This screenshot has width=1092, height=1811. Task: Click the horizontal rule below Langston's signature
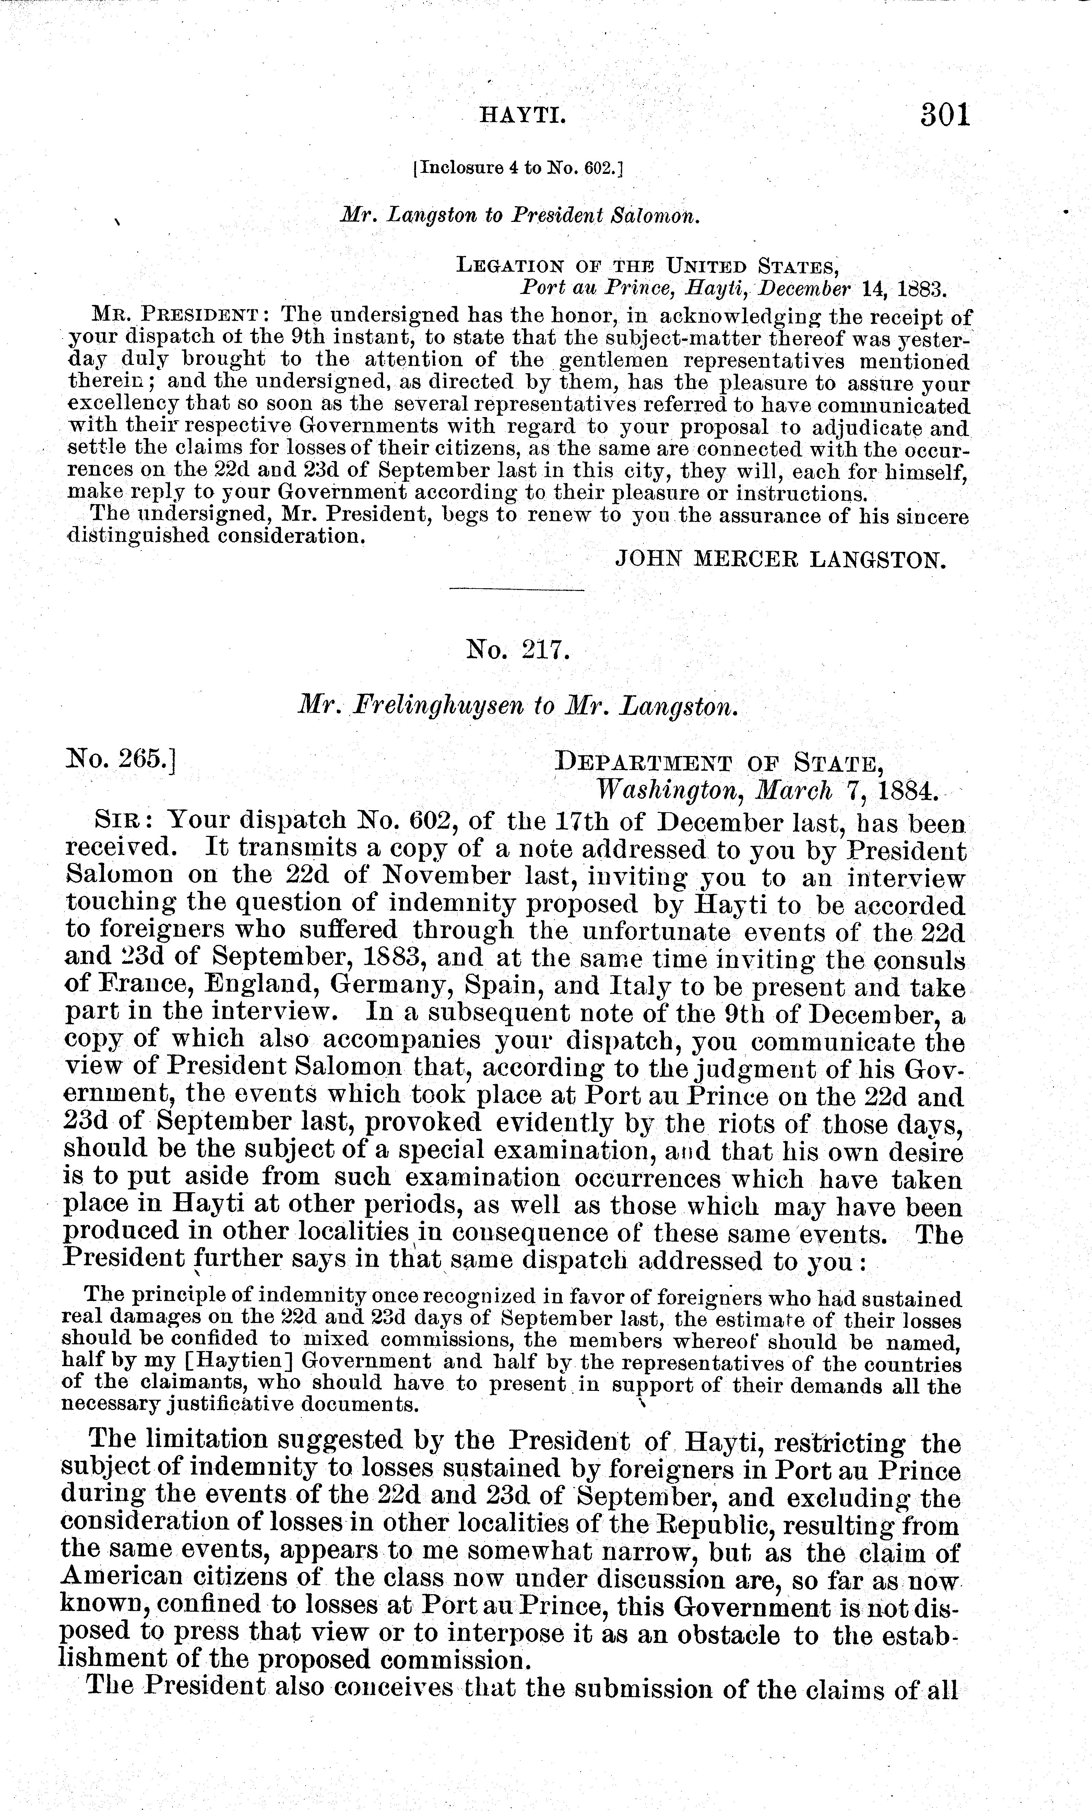517,590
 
